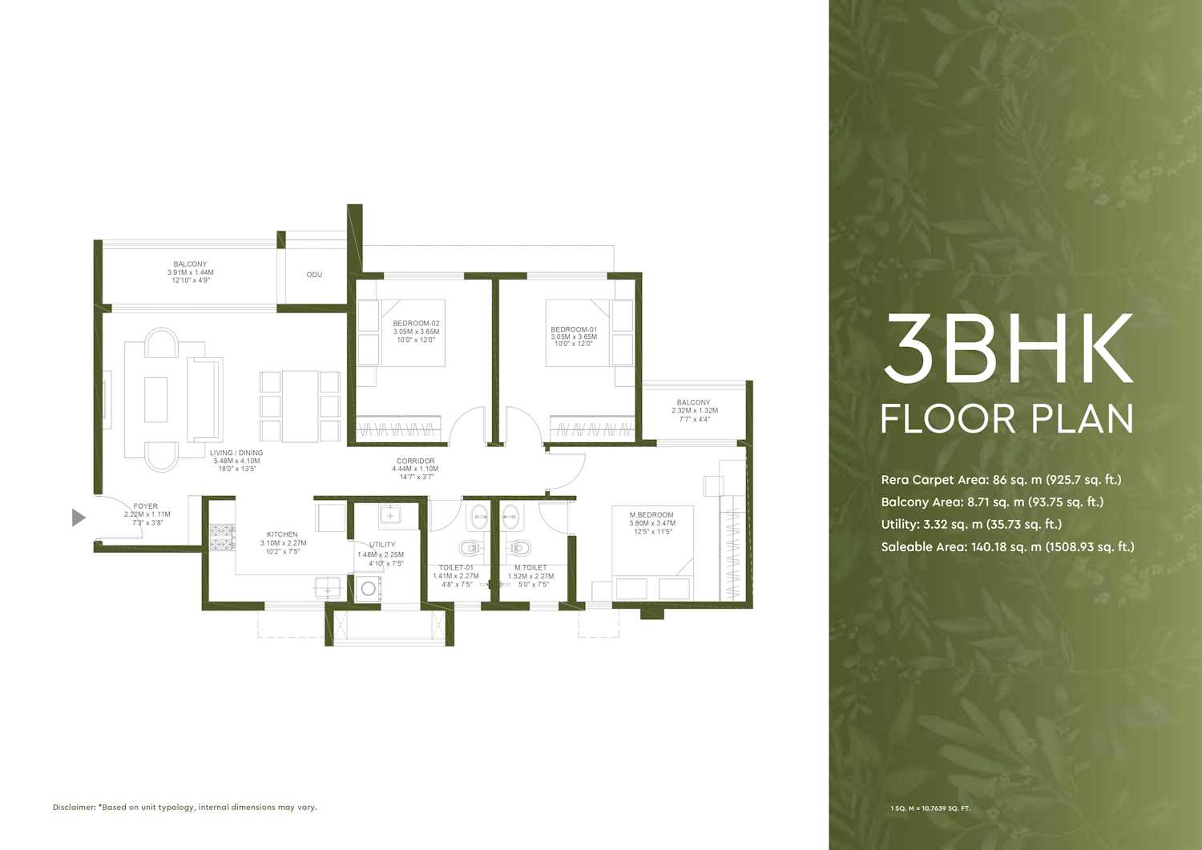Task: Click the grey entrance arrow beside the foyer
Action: pos(79,518)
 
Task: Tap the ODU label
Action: pos(314,275)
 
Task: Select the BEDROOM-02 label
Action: pos(417,324)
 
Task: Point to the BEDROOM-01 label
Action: pos(574,329)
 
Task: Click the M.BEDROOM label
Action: pos(651,515)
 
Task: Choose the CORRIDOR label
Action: pos(415,461)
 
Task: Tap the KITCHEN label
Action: pos(282,534)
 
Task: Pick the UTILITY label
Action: pos(382,545)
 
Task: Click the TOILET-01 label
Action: pos(456,568)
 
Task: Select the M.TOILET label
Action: pos(530,568)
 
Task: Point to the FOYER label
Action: pos(145,506)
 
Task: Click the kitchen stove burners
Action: pos(222,537)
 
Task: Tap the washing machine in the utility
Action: pos(368,589)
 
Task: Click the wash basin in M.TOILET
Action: pos(510,518)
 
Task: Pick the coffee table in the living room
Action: pos(155,400)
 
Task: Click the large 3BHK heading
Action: pos(1008,348)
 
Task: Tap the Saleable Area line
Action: pos(1007,547)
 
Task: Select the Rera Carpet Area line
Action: pos(1001,480)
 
